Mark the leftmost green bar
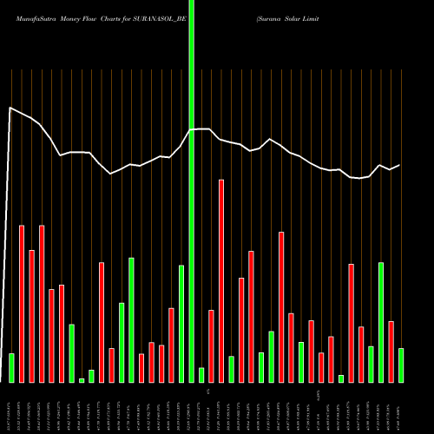11,367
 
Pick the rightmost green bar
401,365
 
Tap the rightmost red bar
391,352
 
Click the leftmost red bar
22,304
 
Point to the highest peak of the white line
10,108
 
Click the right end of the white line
399,165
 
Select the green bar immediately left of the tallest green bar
181,323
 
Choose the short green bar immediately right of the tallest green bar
201,375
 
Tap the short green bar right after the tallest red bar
232,369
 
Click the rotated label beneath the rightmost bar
401,407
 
